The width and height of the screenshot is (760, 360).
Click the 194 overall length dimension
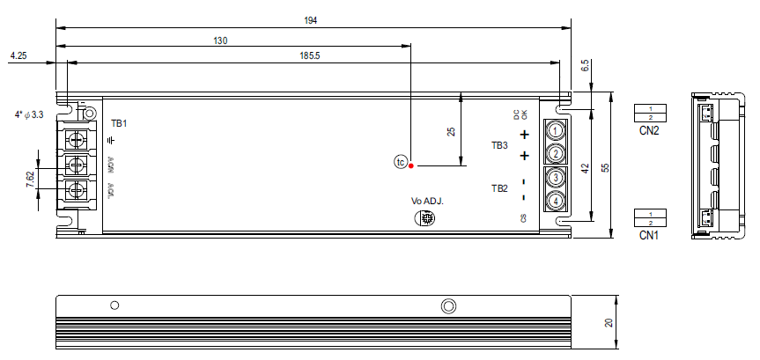coord(310,18)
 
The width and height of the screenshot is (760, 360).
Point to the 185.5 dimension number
coord(310,55)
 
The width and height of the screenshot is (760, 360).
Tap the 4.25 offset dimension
coord(19,55)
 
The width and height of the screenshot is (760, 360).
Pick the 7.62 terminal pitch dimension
coord(31,179)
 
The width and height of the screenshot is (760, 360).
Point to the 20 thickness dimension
coord(608,322)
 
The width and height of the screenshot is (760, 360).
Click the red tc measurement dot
coord(411,164)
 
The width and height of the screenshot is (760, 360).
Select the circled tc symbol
coord(400,162)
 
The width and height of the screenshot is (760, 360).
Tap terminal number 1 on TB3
coord(556,130)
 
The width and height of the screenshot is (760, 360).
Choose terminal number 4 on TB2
coord(556,202)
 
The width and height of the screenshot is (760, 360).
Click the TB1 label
coord(119,123)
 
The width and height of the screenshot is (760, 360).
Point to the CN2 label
coord(650,130)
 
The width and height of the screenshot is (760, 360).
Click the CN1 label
coord(650,235)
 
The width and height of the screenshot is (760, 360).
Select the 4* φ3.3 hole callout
coord(29,114)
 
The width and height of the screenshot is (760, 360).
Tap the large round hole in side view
coord(448,305)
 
